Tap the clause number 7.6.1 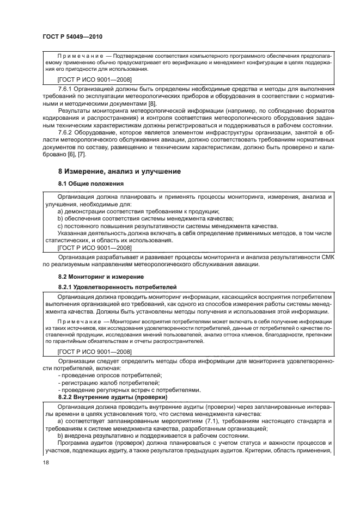pyautogui.click(x=67, y=88)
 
